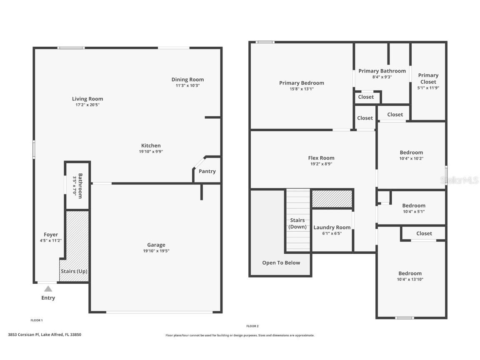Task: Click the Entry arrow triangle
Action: [48, 289]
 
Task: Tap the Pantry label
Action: [207, 171]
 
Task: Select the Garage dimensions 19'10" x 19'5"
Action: [156, 251]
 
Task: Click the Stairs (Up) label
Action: [74, 271]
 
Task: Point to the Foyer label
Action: [51, 235]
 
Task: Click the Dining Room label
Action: [187, 80]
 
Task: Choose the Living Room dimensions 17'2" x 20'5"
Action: [87, 105]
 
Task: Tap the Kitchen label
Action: [151, 145]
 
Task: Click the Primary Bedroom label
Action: [301, 83]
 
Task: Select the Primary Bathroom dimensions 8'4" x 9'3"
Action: [382, 77]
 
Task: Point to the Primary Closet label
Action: [428, 78]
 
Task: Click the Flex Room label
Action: [321, 158]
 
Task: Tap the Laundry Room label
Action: [332, 227]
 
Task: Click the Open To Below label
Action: [281, 263]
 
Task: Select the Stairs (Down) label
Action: [297, 223]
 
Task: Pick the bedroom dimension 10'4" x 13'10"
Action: [410, 280]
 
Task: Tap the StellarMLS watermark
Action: [459, 180]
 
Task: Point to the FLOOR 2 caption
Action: [252, 326]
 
